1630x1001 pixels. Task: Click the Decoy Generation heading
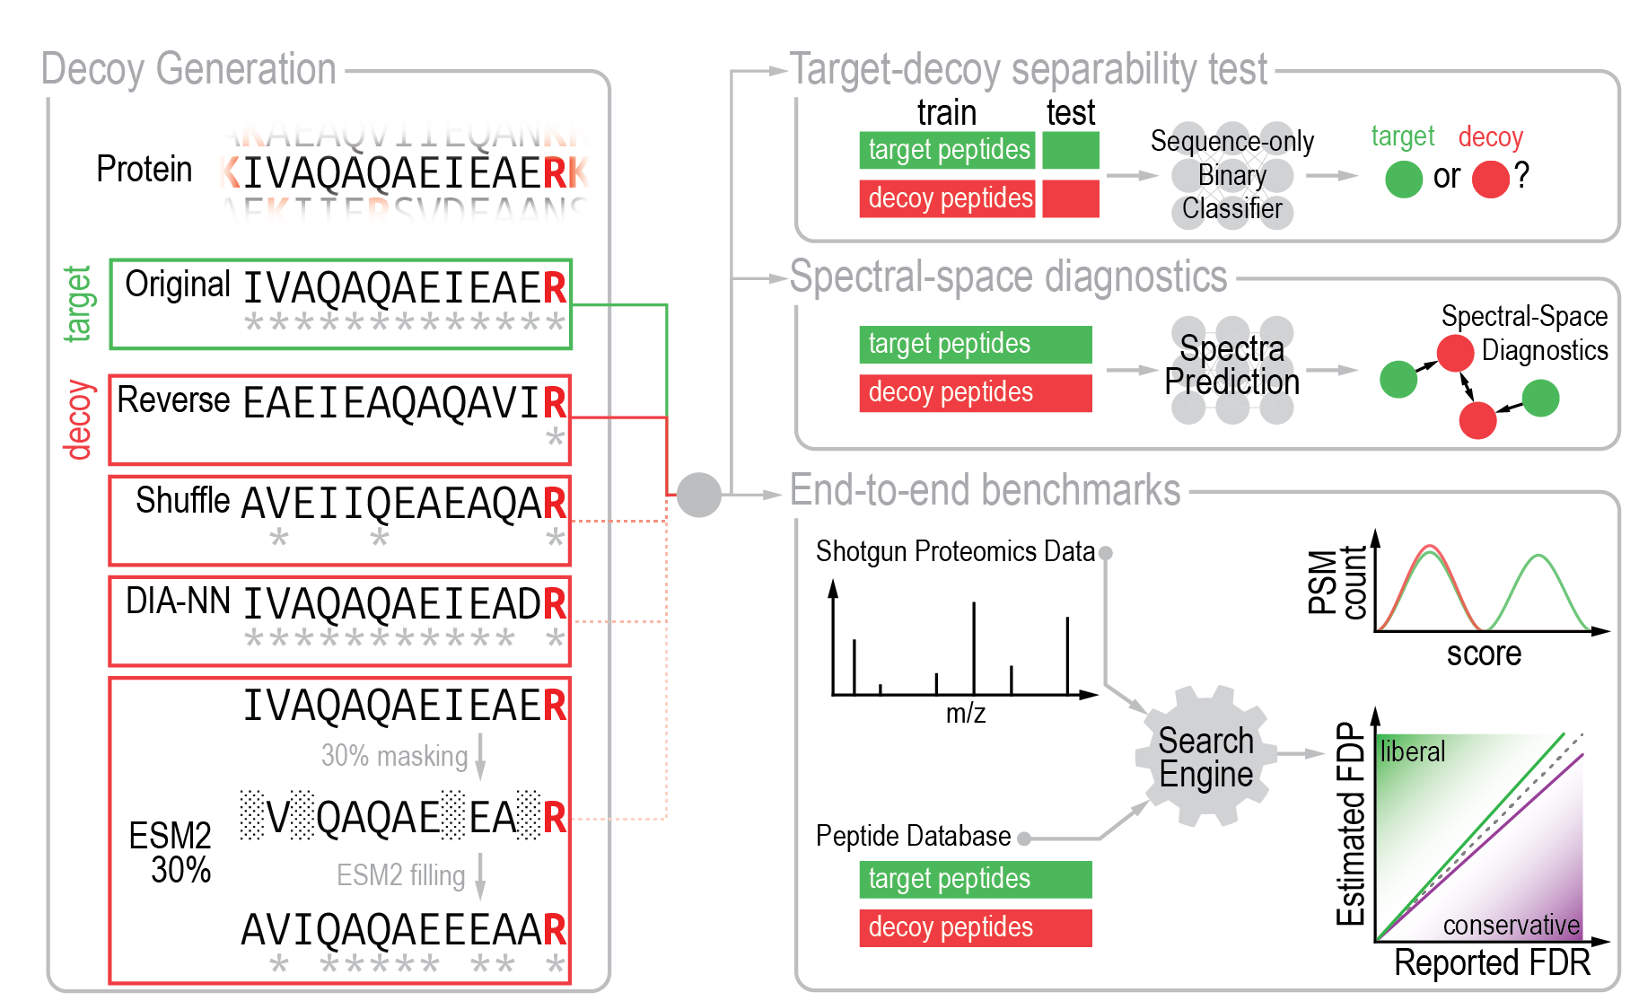(x=188, y=70)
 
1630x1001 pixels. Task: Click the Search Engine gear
(x=1205, y=757)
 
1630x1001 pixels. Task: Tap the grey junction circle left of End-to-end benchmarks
(x=698, y=495)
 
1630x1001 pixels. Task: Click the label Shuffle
(x=182, y=501)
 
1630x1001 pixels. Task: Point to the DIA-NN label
(x=178, y=601)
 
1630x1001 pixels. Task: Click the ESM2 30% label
(x=171, y=853)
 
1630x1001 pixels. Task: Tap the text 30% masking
(x=394, y=756)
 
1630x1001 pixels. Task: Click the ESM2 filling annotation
(x=400, y=875)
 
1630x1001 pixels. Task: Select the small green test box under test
(x=1070, y=150)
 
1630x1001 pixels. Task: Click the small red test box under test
(x=1070, y=198)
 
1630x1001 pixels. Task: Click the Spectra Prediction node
(x=1231, y=365)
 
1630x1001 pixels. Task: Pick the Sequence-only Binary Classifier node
(x=1231, y=175)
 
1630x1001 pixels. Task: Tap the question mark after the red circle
(x=1521, y=176)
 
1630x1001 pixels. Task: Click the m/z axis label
(x=965, y=714)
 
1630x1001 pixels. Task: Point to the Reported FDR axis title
(x=1491, y=963)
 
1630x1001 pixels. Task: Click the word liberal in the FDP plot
(x=1412, y=751)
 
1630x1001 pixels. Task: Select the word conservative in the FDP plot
(x=1511, y=925)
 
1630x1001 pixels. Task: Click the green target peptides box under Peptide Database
(x=975, y=879)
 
